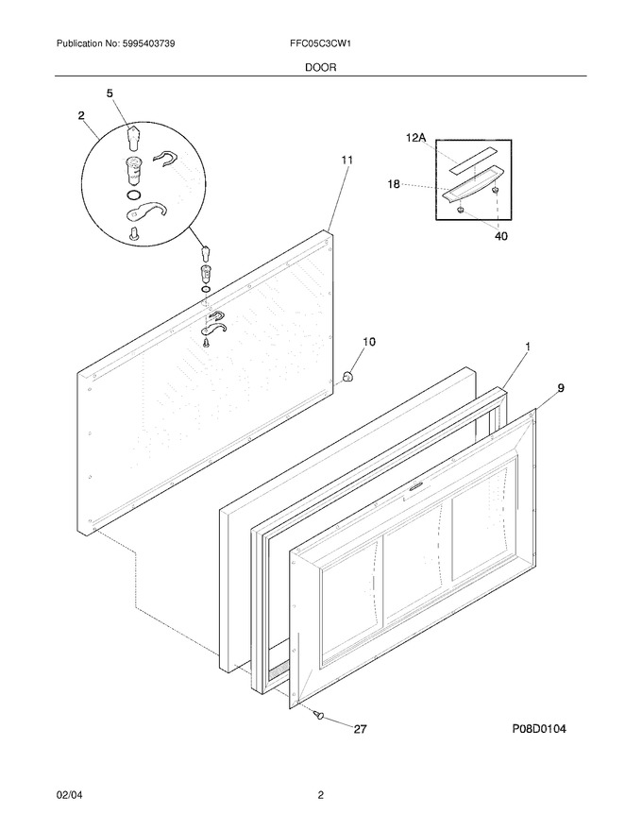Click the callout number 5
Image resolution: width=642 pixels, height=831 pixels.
pyautogui.click(x=110, y=93)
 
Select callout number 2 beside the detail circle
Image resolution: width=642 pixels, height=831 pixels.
pyautogui.click(x=81, y=115)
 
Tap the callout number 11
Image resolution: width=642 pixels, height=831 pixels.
pyautogui.click(x=346, y=160)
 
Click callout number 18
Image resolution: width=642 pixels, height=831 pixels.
pyautogui.click(x=394, y=184)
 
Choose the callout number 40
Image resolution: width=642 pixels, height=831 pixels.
pyautogui.click(x=500, y=236)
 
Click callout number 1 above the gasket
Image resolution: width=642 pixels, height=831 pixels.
pyautogui.click(x=528, y=347)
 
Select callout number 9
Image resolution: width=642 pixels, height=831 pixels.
pyautogui.click(x=561, y=388)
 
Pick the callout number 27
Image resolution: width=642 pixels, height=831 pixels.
pyautogui.click(x=360, y=729)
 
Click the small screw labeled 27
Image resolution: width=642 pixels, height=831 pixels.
pyautogui.click(x=319, y=715)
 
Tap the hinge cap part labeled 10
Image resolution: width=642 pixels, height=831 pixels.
pyautogui.click(x=347, y=377)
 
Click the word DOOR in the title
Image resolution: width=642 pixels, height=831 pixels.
pyautogui.click(x=320, y=68)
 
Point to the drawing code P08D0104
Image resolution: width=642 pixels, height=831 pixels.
pyautogui.click(x=539, y=729)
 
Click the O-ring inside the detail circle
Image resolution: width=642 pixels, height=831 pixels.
pyautogui.click(x=134, y=195)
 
